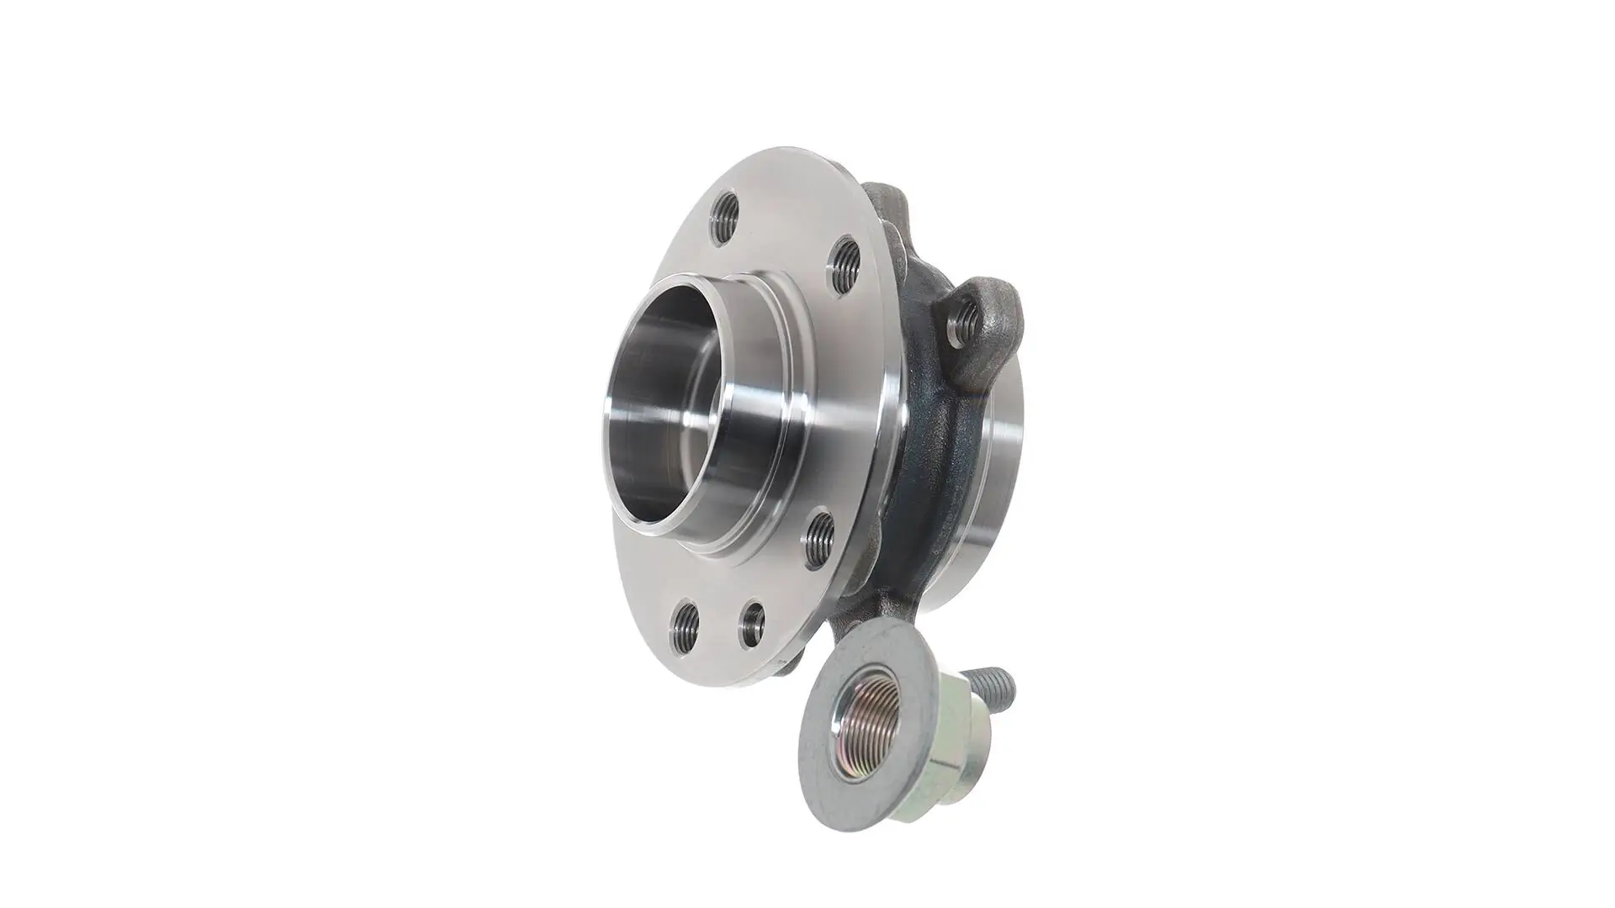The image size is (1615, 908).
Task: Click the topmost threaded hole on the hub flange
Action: tap(725, 218)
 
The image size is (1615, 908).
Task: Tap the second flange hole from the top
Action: tap(845, 266)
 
